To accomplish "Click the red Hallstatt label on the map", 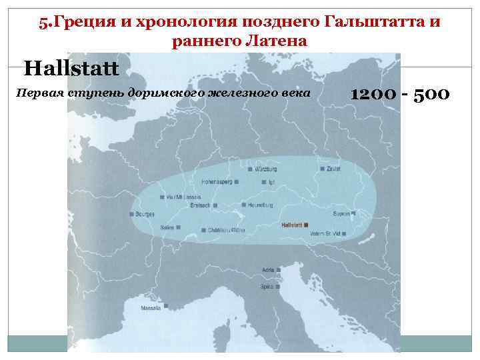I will click(291, 225).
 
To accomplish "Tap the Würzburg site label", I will click(265, 169).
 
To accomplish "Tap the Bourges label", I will click(145, 215).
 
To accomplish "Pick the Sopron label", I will click(341, 214).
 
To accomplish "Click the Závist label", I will click(334, 169).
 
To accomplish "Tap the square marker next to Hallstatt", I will click(306, 225).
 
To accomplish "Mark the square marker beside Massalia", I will click(166, 307).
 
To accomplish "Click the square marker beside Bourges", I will click(131, 215).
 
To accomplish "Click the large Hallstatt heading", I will click(71, 67).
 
